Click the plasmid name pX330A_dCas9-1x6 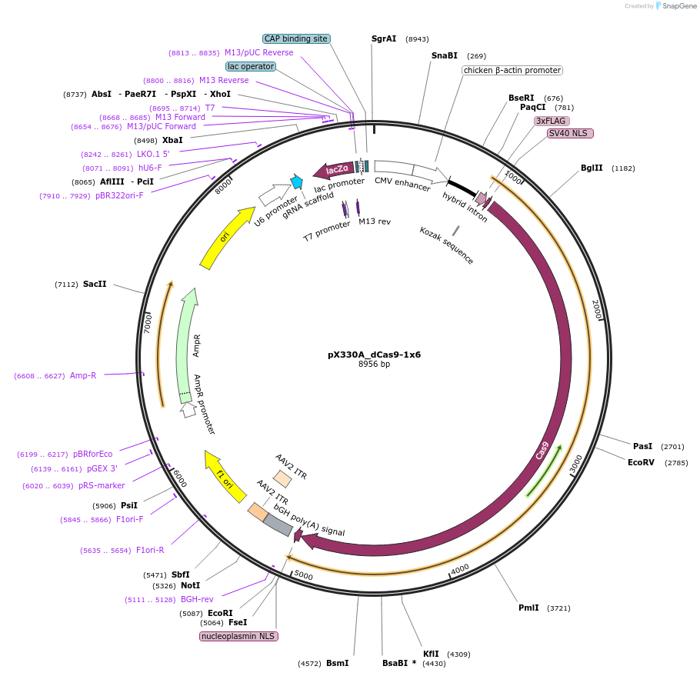(x=374, y=355)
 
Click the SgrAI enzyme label (x=384, y=38)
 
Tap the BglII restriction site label (x=592, y=168)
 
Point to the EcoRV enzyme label (x=641, y=462)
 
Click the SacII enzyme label (x=95, y=284)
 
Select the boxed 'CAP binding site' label (x=296, y=38)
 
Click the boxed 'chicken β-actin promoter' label (x=512, y=71)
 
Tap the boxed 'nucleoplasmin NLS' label (x=238, y=636)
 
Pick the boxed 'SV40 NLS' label (x=570, y=133)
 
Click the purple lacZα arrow (x=333, y=169)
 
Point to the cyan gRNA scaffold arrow (x=296, y=182)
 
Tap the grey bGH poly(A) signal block (x=278, y=524)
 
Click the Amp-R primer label (x=83, y=375)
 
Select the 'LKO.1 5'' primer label (x=153, y=154)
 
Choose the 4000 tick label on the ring (x=460, y=568)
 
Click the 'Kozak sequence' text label (x=446, y=245)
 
